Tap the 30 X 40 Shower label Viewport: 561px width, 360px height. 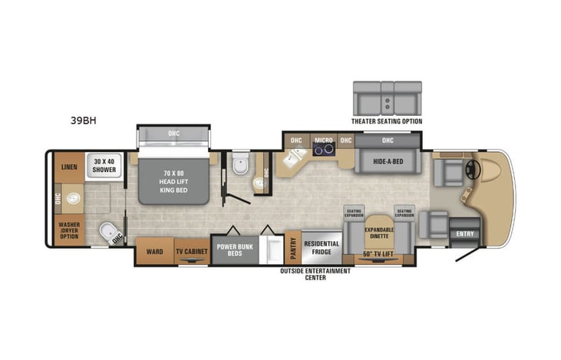(106, 164)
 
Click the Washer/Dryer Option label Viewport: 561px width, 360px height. (69, 230)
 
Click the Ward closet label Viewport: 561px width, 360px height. (153, 250)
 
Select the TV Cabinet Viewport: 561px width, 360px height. (191, 251)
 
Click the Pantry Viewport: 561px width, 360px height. (292, 247)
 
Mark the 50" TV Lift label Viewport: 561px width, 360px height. (379, 254)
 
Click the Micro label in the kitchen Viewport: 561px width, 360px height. (323, 140)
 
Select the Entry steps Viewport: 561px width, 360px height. (465, 233)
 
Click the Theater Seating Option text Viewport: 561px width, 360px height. (387, 121)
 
